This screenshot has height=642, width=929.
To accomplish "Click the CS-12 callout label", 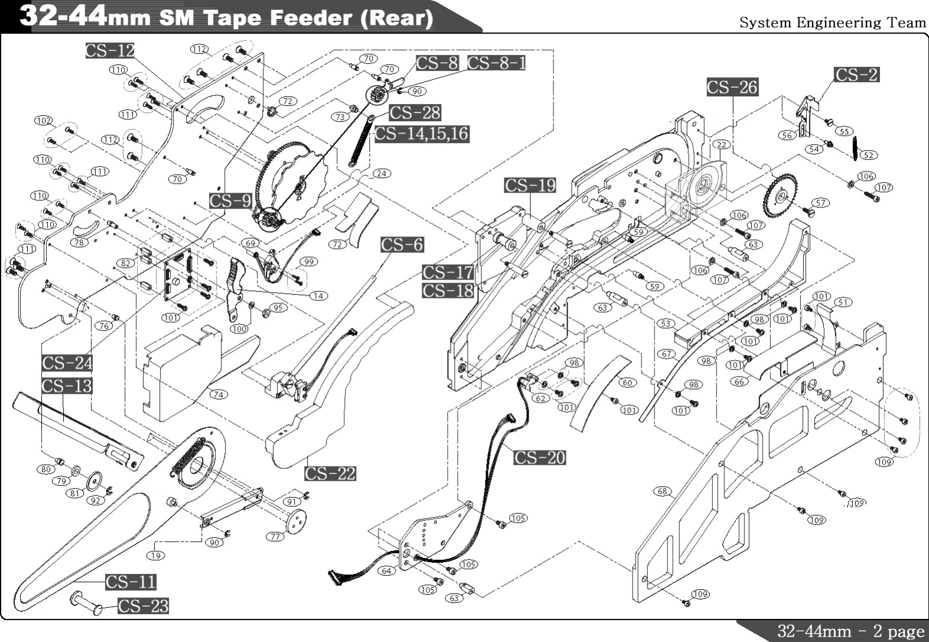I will [x=110, y=51].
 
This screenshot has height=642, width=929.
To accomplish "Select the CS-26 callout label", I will [x=732, y=87].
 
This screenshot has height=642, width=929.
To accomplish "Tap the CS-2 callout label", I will [x=856, y=74].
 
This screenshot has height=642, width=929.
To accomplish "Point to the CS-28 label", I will [x=415, y=112].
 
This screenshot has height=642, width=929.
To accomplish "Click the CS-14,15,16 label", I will [x=422, y=134].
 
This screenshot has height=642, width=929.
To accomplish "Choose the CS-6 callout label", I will [x=402, y=245].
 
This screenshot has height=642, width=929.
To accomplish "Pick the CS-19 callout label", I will [x=530, y=186].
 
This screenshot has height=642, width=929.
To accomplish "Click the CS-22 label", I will [x=330, y=474].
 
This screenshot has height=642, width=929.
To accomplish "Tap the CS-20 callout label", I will [x=539, y=458].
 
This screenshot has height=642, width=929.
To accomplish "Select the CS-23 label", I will [x=143, y=606].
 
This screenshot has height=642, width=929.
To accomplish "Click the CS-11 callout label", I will [x=131, y=582].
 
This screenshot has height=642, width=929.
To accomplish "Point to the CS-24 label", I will [x=67, y=363].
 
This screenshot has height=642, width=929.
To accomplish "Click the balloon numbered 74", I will [x=219, y=394].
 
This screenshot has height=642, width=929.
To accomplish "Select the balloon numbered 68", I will [x=662, y=491].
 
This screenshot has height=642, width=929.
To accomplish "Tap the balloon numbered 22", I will [x=722, y=145].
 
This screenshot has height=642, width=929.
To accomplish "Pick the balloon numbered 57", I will [x=820, y=203].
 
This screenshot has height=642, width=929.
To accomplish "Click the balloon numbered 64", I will [x=386, y=571].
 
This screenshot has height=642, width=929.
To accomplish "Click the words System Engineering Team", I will [x=833, y=22].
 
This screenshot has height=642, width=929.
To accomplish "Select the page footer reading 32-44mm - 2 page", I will [x=850, y=631].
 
